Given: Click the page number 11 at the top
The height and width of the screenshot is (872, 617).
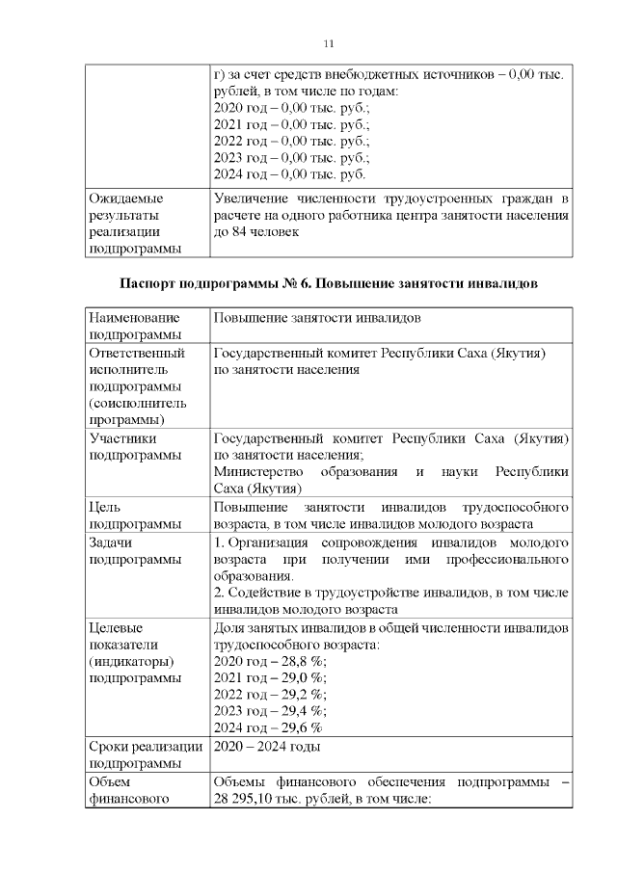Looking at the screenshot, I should click(328, 44).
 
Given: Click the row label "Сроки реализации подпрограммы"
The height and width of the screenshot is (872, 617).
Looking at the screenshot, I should click(145, 754).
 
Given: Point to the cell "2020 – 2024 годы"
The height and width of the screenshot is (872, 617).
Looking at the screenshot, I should click(266, 747).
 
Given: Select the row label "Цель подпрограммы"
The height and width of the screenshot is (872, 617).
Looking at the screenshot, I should click(134, 515).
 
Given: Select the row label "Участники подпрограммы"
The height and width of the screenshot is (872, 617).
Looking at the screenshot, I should click(134, 446).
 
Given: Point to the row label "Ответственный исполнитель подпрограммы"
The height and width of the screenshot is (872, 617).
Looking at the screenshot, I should click(135, 385).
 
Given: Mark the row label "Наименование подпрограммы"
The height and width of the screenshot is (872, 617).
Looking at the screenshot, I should click(134, 326).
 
